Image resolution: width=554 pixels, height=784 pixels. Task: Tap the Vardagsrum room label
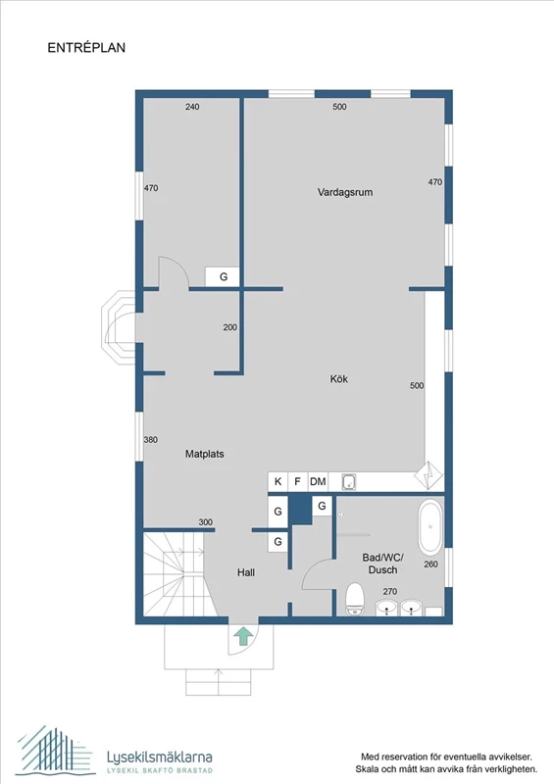(344, 192)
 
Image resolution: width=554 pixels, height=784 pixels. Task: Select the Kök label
(339, 379)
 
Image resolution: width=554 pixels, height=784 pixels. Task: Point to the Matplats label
(205, 455)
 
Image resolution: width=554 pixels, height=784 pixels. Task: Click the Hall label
(246, 571)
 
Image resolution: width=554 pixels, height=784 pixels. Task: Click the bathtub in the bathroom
(428, 528)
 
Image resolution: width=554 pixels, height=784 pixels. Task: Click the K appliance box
(277, 482)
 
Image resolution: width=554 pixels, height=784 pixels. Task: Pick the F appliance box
(297, 482)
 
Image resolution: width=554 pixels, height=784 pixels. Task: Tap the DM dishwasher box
(318, 482)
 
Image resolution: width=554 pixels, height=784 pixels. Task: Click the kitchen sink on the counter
(348, 481)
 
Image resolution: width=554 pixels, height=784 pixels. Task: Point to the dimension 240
(192, 107)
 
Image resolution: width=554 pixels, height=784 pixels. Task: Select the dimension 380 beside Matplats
(151, 440)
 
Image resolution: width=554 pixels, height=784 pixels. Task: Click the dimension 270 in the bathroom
(389, 591)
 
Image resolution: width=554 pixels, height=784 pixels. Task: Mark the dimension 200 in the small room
(229, 327)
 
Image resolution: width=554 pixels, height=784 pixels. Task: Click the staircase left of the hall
(173, 576)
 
